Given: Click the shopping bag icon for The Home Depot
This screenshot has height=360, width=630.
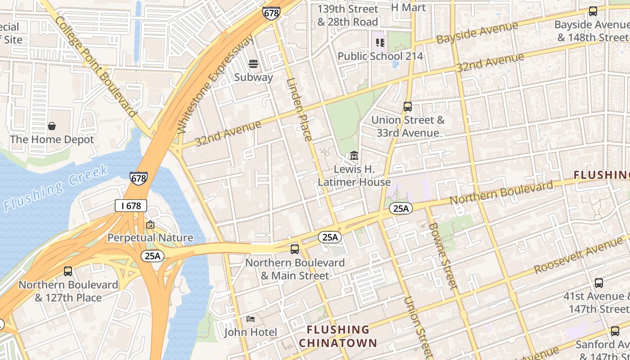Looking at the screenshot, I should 52,126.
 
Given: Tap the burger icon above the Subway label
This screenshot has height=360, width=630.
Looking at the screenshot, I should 253,64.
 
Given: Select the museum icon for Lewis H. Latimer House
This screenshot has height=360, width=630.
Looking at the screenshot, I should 354,156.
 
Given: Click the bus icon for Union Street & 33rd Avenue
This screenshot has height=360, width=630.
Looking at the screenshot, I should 408,107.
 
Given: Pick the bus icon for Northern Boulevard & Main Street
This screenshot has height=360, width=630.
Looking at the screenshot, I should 295,249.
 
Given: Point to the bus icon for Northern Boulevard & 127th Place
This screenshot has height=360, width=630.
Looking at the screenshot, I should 68,271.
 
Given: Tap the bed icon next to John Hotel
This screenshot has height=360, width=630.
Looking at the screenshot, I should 251,319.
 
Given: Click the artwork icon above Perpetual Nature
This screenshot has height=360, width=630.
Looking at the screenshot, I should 150,224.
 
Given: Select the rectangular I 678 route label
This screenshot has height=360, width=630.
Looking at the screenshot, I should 131,206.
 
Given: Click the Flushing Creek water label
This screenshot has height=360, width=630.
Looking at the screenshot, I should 56,188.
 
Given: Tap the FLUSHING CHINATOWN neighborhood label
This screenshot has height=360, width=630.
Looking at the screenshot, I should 338,336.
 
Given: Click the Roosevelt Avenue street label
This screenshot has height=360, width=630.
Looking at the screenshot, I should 578,255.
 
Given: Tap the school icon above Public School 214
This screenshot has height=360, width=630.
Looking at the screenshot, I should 380,43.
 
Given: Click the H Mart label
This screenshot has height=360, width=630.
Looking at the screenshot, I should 408,8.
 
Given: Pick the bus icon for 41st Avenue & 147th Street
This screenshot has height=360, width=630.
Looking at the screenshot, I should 599,283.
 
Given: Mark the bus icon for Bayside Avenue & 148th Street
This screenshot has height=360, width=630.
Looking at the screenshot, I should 593,11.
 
